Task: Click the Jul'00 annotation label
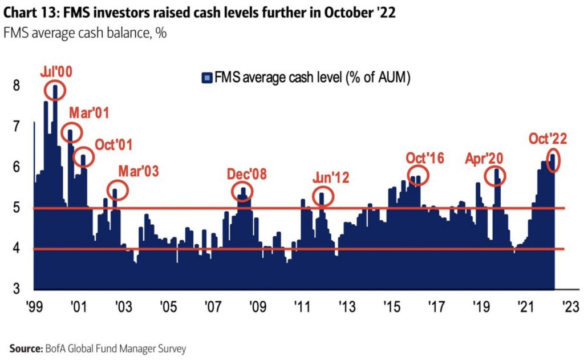(x=56, y=72)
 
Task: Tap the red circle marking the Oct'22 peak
(x=553, y=159)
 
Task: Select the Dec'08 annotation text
(x=246, y=174)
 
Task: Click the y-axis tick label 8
(x=17, y=86)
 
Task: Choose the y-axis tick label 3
(x=17, y=289)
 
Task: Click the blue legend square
(x=208, y=78)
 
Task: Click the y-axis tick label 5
(x=17, y=208)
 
